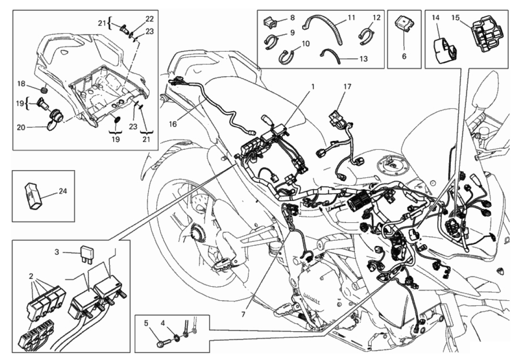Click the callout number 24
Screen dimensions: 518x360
(63, 191)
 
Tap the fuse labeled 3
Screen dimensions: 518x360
(87, 254)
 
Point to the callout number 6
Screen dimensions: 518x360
(404, 56)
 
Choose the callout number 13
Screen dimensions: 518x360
(364, 59)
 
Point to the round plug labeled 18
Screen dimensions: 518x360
(44, 90)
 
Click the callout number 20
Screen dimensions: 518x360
(21, 127)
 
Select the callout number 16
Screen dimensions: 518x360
(173, 124)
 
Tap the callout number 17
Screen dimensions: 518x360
(347, 87)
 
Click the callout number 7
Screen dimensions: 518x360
(243, 315)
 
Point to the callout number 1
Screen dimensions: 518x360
(313, 87)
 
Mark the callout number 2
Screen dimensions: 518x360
(31, 276)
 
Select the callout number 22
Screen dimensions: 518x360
(150, 19)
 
